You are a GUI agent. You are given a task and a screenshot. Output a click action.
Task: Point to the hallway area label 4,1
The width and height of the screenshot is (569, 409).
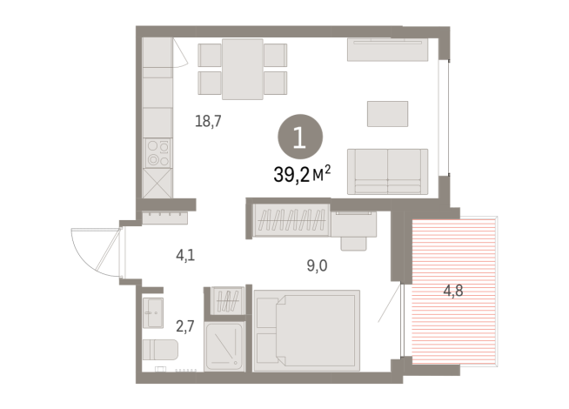coord(186,257)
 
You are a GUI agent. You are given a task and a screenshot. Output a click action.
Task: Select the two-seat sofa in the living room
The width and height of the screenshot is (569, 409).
coord(387,171)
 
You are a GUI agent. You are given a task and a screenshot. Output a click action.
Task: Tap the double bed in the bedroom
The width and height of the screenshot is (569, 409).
coord(306,330)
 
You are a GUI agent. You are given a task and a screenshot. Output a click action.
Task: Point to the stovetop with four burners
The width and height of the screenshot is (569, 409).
coord(157,153)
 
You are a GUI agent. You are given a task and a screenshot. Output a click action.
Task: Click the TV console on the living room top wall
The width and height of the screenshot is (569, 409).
coord(387,50)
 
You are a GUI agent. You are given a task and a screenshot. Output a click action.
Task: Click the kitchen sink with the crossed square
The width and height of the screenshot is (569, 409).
coord(157,185)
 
